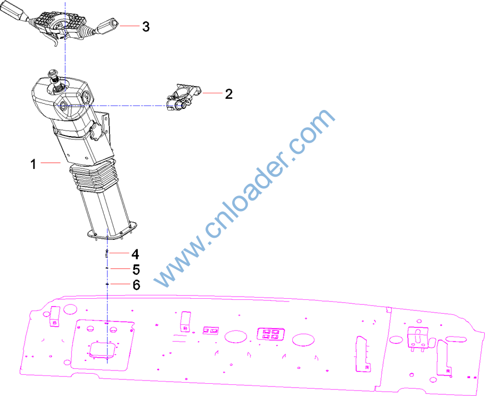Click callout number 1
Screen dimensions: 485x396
tap(33, 164)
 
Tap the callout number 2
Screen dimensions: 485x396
tap(228, 94)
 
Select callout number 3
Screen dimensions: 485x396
tap(146, 27)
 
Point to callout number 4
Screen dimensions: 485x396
tap(135, 254)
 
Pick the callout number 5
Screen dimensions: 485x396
tap(136, 269)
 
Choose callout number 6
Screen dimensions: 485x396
tap(136, 285)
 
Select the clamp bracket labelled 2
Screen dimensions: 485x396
tap(183, 97)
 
